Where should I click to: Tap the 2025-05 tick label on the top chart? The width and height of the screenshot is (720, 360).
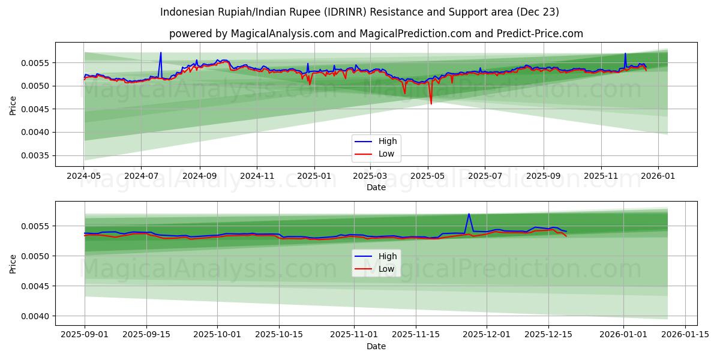click(x=428, y=176)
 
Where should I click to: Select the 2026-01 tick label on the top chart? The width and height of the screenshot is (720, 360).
click(x=658, y=176)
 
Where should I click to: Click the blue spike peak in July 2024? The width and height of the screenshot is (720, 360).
click(x=161, y=53)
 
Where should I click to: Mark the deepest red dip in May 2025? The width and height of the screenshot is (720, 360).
click(x=431, y=104)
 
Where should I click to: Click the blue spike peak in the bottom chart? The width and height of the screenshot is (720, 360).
click(x=469, y=214)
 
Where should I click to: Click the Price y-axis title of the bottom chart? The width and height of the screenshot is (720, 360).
click(x=13, y=263)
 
